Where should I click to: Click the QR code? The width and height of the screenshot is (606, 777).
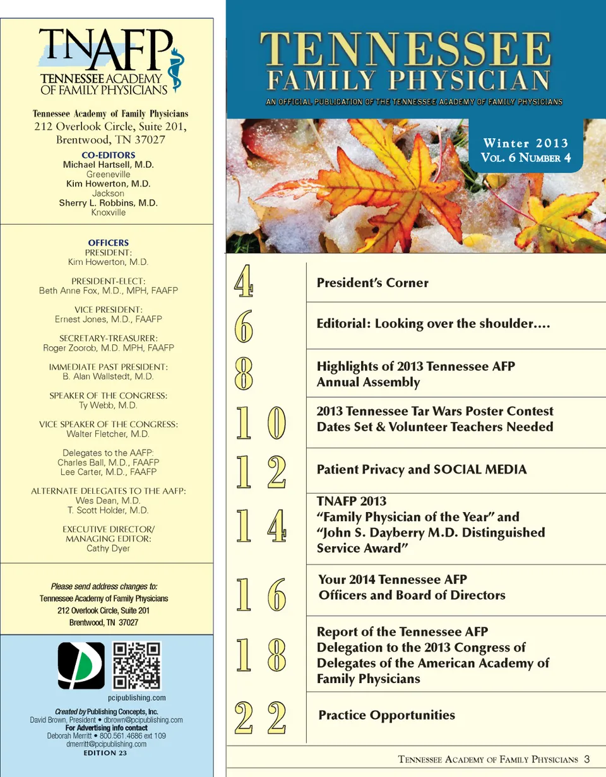click(x=136, y=666)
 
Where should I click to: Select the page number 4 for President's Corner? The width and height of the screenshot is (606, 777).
click(x=243, y=282)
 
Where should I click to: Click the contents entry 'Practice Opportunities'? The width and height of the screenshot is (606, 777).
click(x=386, y=715)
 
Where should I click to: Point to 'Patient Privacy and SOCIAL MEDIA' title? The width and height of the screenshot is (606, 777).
click(x=421, y=470)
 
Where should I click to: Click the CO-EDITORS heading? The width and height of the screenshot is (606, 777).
click(x=108, y=155)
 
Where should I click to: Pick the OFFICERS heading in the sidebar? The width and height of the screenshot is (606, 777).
click(x=108, y=242)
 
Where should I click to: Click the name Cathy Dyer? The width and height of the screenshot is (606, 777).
click(x=108, y=548)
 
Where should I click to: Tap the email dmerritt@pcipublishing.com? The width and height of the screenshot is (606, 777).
click(x=107, y=744)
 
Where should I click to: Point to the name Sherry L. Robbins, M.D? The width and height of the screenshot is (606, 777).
click(x=108, y=203)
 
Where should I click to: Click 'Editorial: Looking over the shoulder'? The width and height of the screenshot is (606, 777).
click(x=434, y=325)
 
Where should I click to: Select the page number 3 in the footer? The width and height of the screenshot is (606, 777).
click(x=586, y=759)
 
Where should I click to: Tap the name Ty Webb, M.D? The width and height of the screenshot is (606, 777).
click(x=108, y=405)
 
